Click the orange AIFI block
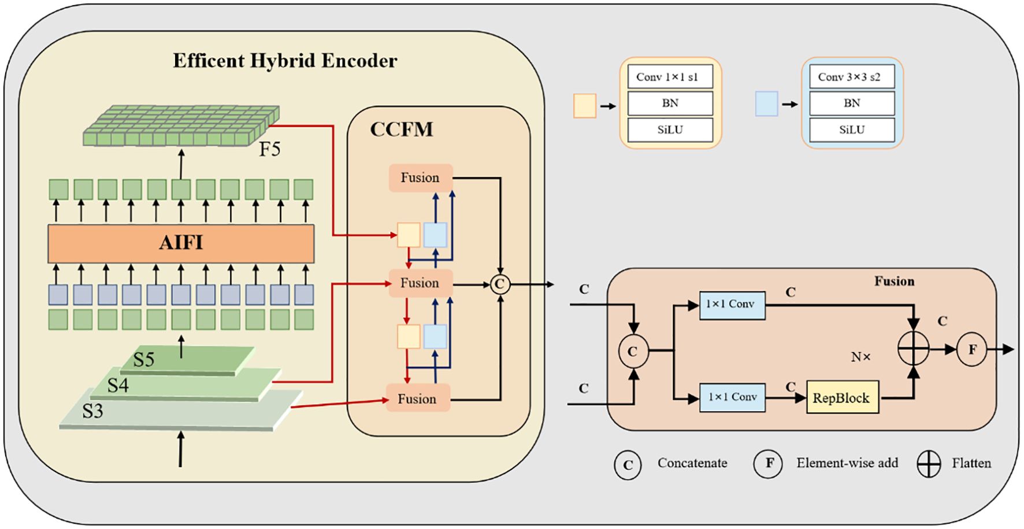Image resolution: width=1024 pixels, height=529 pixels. pyautogui.click(x=181, y=243)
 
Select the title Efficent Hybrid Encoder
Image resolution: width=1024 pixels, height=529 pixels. pyautogui.click(x=285, y=61)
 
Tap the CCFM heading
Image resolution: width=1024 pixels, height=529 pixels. pyautogui.click(x=402, y=129)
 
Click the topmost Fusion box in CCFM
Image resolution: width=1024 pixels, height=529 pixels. pyautogui.click(x=420, y=178)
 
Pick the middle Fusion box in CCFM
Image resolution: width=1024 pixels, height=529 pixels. pyautogui.click(x=420, y=283)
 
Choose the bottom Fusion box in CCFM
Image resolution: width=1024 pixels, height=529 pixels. pyautogui.click(x=417, y=399)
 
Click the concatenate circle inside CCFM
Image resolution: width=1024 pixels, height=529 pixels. pyautogui.click(x=500, y=284)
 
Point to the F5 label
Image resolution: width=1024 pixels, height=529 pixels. pyautogui.click(x=269, y=150)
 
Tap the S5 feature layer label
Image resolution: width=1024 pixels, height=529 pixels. pyautogui.click(x=144, y=360)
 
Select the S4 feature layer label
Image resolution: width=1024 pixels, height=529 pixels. pyautogui.click(x=118, y=385)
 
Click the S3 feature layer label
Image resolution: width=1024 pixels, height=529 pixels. pyautogui.click(x=92, y=411)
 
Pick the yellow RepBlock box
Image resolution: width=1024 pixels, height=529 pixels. pyautogui.click(x=842, y=398)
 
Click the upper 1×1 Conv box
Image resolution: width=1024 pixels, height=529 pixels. pyautogui.click(x=732, y=305)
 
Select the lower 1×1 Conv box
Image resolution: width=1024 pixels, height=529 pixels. pyautogui.click(x=732, y=397)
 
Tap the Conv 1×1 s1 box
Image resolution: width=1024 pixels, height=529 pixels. pyautogui.click(x=670, y=77)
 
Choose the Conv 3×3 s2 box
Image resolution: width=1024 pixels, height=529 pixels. pyautogui.click(x=851, y=77)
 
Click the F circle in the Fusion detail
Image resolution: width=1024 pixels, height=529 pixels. pyautogui.click(x=972, y=349)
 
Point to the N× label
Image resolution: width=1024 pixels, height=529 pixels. pyautogui.click(x=860, y=357)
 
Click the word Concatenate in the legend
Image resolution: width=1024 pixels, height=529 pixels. pyautogui.click(x=692, y=463)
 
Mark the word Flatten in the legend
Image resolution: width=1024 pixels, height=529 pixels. pyautogui.click(x=971, y=463)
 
